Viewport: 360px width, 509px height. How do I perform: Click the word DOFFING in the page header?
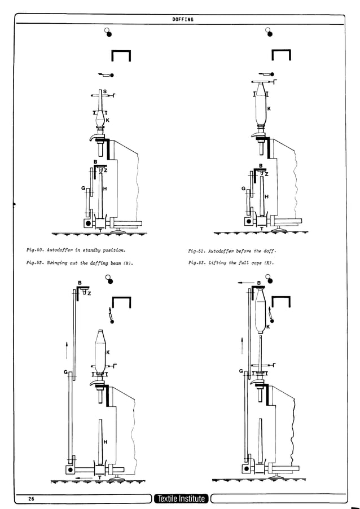(182, 19)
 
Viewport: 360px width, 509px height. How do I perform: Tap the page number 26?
(27, 498)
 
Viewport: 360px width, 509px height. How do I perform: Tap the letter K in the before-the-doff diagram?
(269, 108)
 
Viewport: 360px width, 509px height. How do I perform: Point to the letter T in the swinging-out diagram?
(100, 477)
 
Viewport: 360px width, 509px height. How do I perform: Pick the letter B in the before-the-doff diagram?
(260, 165)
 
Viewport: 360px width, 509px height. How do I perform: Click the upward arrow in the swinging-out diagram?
(67, 348)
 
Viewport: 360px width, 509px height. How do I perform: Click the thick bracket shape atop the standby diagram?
(121, 55)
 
